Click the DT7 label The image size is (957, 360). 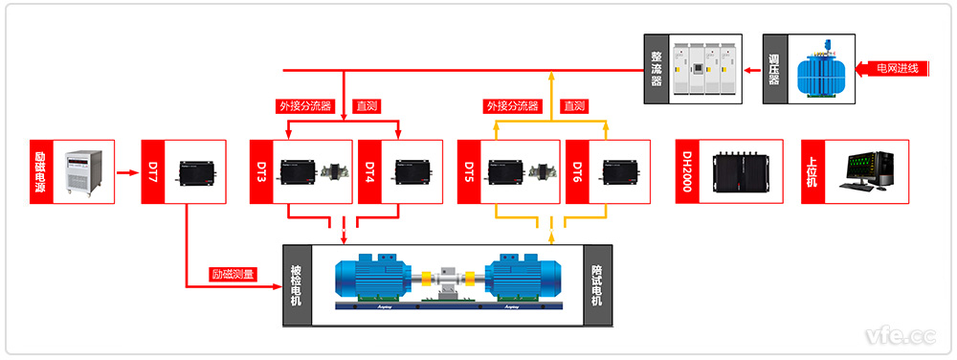(153, 172)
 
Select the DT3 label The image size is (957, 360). (261, 172)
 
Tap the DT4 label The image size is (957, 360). (370, 172)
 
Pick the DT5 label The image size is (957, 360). (470, 172)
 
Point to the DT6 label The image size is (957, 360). (578, 172)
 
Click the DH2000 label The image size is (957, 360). (687, 172)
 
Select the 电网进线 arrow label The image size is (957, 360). (899, 68)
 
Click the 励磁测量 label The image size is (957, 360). (234, 275)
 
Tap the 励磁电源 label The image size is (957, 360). (41, 172)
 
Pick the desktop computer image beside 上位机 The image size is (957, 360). (870, 172)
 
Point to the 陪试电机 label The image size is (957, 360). (597, 286)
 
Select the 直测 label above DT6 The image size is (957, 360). (574, 106)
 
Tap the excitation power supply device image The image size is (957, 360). (84, 172)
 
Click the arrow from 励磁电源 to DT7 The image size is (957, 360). (127, 173)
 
